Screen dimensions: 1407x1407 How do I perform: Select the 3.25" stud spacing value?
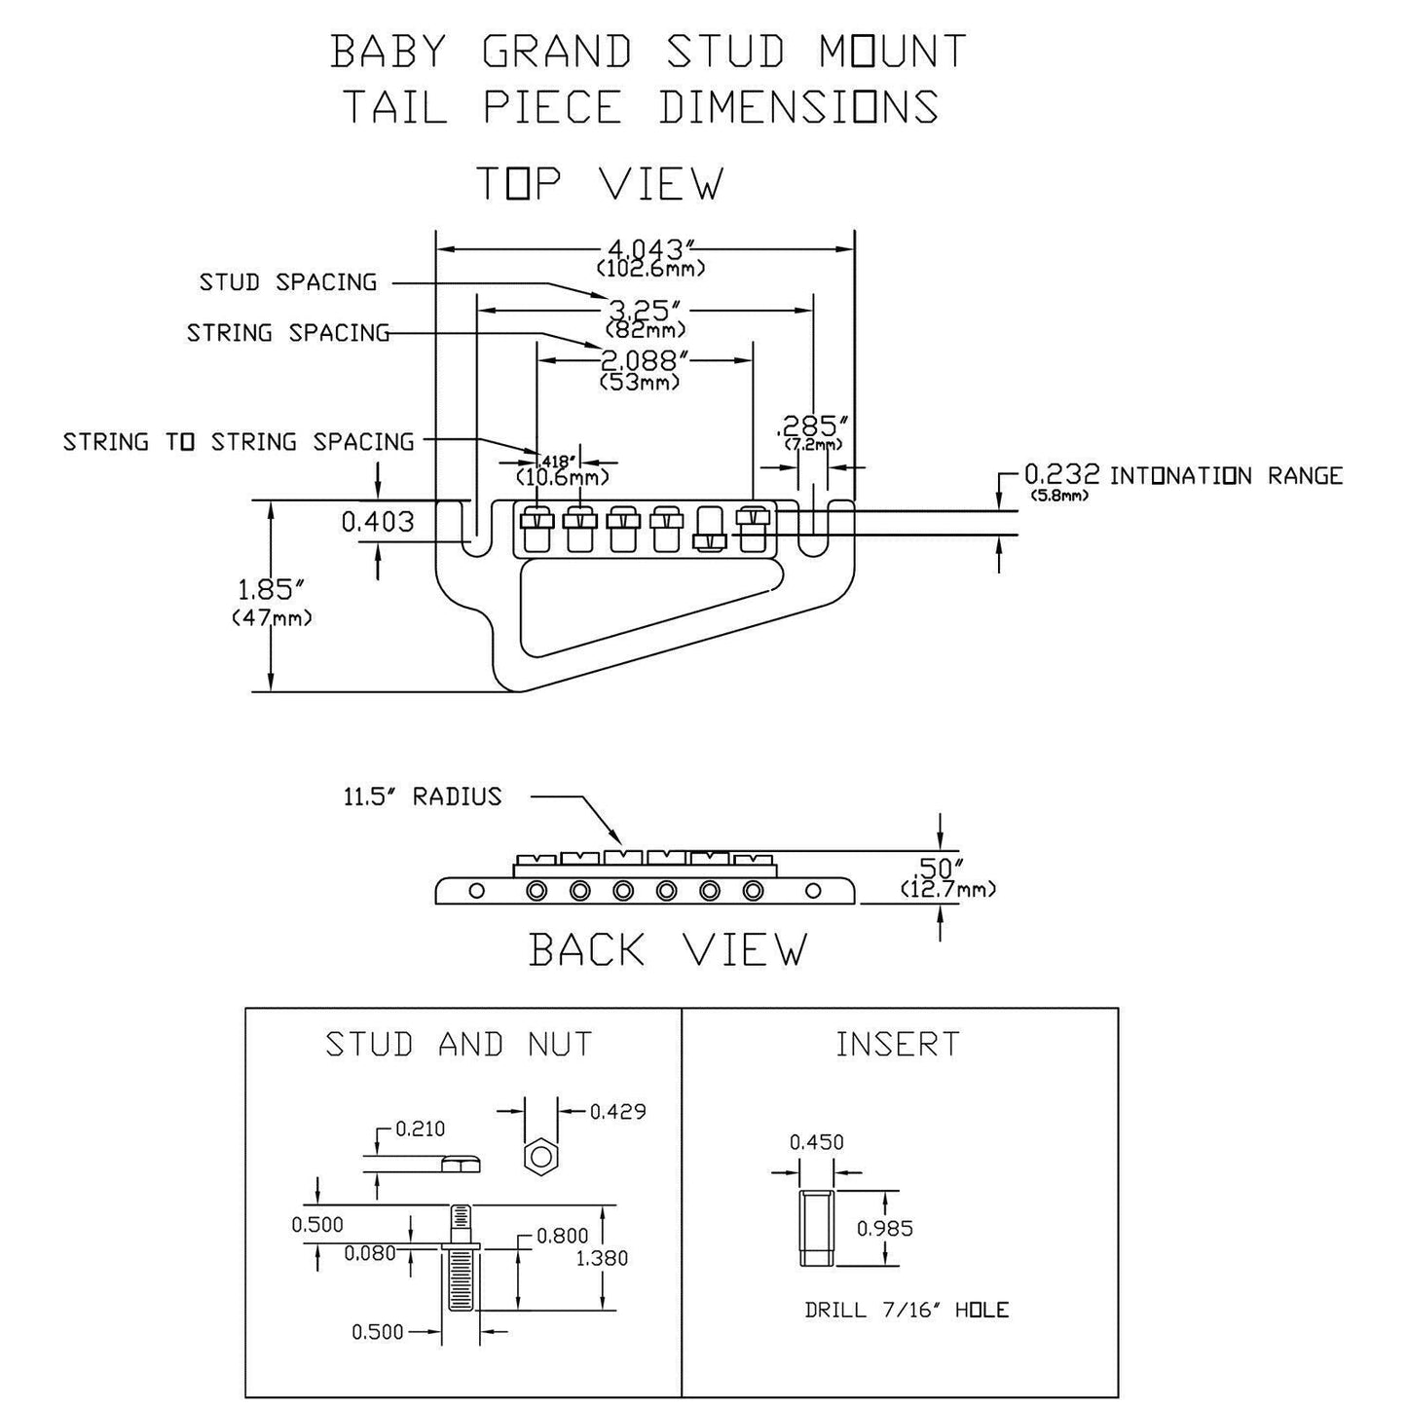[x=643, y=311]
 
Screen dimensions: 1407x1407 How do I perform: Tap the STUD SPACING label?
[x=288, y=282]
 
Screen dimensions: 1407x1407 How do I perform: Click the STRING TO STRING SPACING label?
[x=239, y=442]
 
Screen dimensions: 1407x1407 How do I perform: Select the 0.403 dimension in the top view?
[x=378, y=522]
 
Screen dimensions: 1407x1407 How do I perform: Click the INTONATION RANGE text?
[x=1226, y=476]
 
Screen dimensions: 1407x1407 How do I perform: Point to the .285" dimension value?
[x=813, y=426]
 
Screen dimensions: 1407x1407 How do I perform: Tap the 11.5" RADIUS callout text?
[x=422, y=796]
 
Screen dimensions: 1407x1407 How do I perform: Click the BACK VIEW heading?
[x=668, y=949]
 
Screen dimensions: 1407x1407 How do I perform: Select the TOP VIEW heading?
[x=600, y=184]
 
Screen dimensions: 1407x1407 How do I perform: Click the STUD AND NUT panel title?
[x=459, y=1045]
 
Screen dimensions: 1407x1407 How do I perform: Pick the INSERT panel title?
[x=898, y=1045]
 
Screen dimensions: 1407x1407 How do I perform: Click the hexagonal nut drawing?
[x=540, y=1158]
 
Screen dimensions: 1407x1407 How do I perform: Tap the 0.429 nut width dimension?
[x=617, y=1111]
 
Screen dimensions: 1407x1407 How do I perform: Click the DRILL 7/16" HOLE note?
[x=907, y=1310]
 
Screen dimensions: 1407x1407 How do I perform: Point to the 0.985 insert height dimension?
[x=885, y=1228]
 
